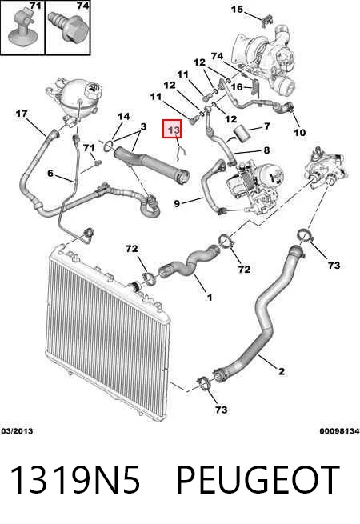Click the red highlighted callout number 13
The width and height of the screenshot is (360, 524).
(173, 129)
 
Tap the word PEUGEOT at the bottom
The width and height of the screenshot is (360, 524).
(258, 479)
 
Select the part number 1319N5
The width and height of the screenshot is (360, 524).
(75, 479)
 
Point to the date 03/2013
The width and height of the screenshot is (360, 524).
(17, 430)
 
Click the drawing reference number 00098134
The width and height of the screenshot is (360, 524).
(339, 430)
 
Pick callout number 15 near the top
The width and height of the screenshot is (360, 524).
(237, 9)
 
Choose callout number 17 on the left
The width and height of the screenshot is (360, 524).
(22, 114)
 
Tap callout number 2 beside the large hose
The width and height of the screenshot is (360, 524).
(282, 371)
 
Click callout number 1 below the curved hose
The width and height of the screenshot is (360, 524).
(210, 297)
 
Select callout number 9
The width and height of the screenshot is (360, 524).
(177, 203)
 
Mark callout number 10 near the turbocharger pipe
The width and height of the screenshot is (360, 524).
(299, 132)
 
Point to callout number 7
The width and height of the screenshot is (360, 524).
(266, 126)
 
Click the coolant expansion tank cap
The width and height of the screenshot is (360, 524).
(93, 90)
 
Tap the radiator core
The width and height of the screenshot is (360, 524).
(107, 329)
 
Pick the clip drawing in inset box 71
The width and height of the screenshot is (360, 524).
(22, 29)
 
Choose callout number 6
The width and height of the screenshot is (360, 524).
(50, 173)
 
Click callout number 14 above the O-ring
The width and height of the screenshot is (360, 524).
(123, 116)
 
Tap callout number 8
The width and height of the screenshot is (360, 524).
(266, 150)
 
